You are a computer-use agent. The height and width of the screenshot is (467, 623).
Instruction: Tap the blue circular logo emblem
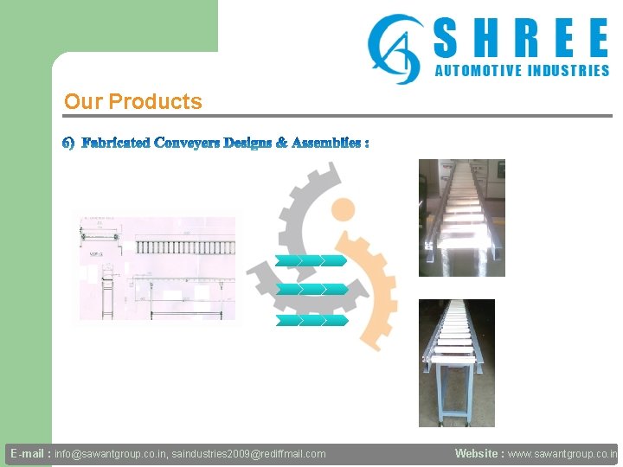tap(394, 48)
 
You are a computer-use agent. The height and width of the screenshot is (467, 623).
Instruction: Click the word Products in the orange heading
tap(156, 101)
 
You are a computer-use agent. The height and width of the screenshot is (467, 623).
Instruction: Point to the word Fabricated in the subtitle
tap(116, 142)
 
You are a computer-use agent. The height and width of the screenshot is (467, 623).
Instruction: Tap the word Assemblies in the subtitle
tap(326, 142)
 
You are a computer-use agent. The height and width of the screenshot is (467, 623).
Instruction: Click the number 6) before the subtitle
tap(69, 142)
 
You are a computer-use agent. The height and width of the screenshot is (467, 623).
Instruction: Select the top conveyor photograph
tap(461, 218)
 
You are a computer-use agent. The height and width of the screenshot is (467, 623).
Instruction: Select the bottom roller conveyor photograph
tap(456, 363)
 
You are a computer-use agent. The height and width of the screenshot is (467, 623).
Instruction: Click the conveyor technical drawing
tap(157, 268)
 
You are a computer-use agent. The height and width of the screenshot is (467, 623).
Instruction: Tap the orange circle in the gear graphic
tap(344, 209)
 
